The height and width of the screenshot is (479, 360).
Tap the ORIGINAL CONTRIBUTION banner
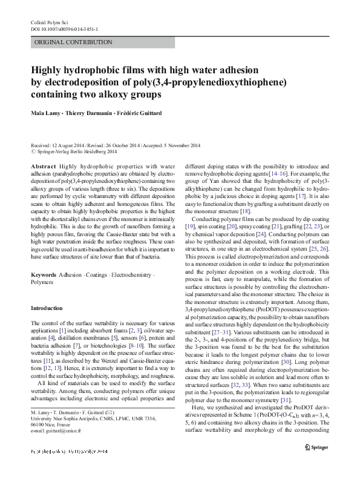click(x=64, y=42)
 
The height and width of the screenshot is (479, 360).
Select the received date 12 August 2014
click(x=70, y=147)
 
